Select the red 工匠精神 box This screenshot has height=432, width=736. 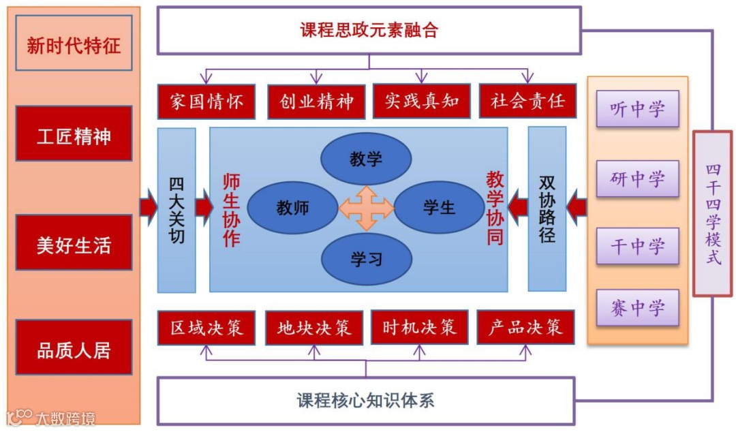74,134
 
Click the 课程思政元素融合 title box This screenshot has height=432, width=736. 369,30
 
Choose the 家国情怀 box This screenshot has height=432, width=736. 206,102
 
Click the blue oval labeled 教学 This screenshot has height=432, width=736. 366,159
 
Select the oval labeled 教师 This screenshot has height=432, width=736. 292,207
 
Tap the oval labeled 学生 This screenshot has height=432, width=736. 440,206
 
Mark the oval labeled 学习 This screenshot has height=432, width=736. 366,258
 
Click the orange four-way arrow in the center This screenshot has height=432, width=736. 366,207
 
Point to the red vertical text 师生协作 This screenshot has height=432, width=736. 232,209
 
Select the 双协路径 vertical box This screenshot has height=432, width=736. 547,209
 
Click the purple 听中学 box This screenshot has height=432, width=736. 637,109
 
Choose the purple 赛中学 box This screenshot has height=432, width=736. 637,307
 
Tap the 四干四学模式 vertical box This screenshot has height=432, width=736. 712,213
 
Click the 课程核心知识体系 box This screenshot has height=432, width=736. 366,400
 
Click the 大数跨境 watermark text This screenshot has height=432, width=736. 65,418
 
